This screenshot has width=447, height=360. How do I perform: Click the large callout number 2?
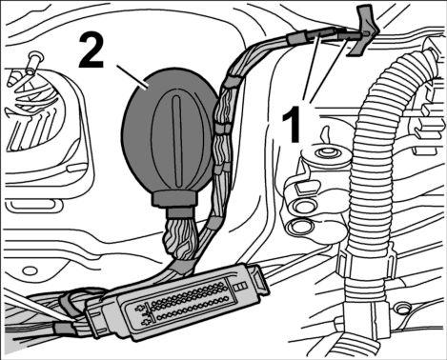(x=91, y=50)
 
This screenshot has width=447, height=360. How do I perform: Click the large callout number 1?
(x=291, y=125)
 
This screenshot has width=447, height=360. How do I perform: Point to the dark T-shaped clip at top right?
(x=364, y=30)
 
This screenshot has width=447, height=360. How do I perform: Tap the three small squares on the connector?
(x=240, y=286)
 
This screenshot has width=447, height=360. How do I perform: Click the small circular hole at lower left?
(x=30, y=270)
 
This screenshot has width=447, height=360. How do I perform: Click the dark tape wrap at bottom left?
(x=65, y=328)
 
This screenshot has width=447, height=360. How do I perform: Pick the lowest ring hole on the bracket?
(x=299, y=228)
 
